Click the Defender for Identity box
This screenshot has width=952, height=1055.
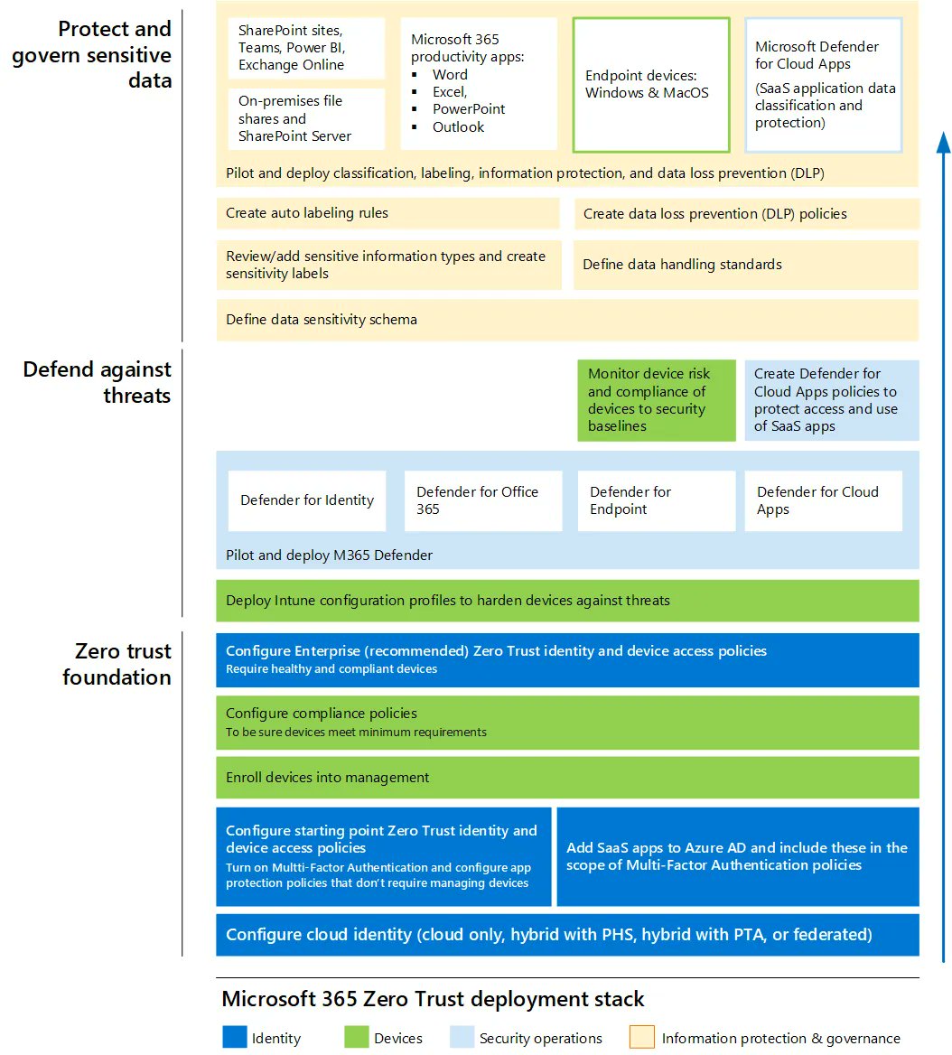click(x=306, y=500)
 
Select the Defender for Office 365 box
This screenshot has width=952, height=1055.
click(x=482, y=500)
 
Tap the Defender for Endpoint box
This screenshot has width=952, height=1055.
click(x=656, y=500)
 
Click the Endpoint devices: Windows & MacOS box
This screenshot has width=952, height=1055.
click(x=650, y=85)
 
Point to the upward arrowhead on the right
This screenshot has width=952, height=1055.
click(x=943, y=145)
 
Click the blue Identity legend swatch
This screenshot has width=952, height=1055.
click(x=234, y=1037)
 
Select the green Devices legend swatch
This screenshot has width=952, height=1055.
click(x=356, y=1037)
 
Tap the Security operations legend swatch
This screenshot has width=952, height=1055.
click(x=462, y=1037)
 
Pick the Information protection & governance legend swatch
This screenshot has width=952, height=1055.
click(x=642, y=1037)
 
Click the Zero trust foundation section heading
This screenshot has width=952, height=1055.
click(x=117, y=664)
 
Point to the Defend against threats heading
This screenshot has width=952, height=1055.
click(x=99, y=382)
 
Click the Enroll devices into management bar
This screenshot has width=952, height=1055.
click(x=567, y=778)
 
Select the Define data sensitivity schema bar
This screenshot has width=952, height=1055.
click(x=567, y=320)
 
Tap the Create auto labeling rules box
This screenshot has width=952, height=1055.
click(x=387, y=213)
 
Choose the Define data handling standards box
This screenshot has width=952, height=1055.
click(x=745, y=265)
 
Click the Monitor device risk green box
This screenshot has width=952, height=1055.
click(x=657, y=400)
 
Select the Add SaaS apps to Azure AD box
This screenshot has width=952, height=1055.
click(x=737, y=856)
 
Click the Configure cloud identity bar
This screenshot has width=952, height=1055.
click(x=567, y=935)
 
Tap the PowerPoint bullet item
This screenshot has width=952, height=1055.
click(x=468, y=109)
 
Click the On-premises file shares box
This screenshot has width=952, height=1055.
click(x=306, y=118)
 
